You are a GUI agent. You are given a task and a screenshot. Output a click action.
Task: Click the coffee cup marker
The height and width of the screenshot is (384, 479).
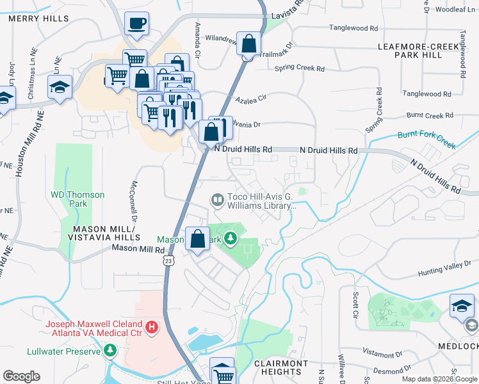pos(136,24)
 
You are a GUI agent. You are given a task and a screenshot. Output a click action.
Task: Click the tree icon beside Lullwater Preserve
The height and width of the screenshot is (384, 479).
pos(111,351)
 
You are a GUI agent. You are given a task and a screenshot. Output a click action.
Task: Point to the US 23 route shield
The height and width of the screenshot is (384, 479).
pos(168,260)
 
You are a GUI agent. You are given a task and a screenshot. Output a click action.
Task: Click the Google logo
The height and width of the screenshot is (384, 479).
pos(21,376)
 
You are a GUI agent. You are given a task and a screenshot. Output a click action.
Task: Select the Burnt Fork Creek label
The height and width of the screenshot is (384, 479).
pos(426,140)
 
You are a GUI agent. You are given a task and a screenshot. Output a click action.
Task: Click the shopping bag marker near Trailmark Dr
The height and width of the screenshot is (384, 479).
pos(249,44)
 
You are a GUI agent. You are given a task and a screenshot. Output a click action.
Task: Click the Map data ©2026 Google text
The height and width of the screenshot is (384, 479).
pos(439,379)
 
